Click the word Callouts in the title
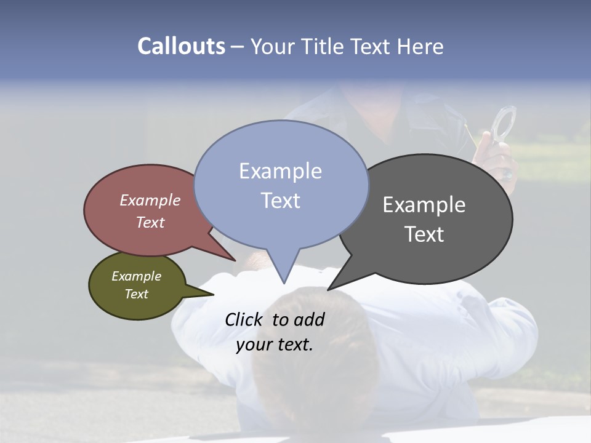click(181, 46)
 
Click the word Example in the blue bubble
click(280, 171)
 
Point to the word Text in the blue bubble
click(280, 201)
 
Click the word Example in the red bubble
click(150, 200)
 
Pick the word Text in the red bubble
click(150, 222)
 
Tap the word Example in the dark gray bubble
click(424, 204)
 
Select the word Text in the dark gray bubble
click(424, 234)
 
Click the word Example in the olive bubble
click(136, 276)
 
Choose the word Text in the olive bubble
click(136, 294)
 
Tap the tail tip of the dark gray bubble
click(329, 289)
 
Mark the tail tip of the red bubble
click(235, 260)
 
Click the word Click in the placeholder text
click(245, 319)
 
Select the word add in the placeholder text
click(309, 319)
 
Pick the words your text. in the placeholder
click(275, 345)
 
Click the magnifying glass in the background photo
click(504, 123)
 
